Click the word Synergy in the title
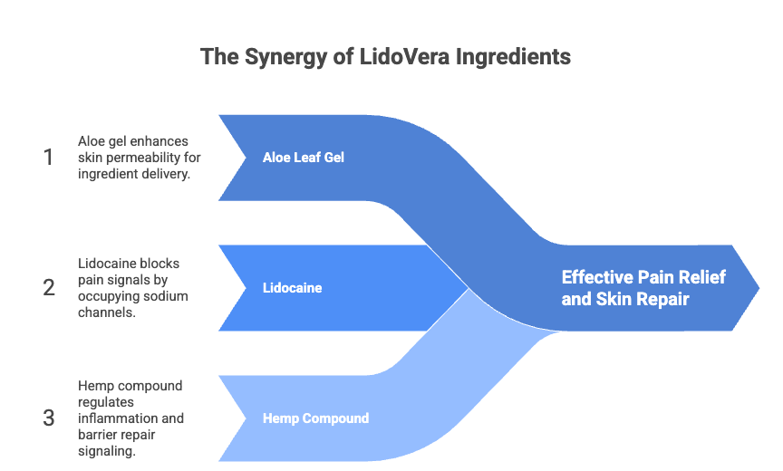click(285, 57)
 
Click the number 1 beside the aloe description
click(48, 158)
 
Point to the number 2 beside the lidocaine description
click(49, 288)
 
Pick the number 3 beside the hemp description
click(48, 418)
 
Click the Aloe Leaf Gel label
click(304, 158)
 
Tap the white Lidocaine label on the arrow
click(292, 288)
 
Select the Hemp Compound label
click(316, 418)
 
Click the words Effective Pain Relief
click(643, 277)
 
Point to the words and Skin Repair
click(625, 299)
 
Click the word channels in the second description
click(107, 312)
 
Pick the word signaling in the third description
click(107, 452)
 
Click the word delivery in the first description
click(168, 174)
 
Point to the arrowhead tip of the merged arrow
click(759, 288)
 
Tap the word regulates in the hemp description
click(106, 402)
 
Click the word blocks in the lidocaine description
click(160, 264)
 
